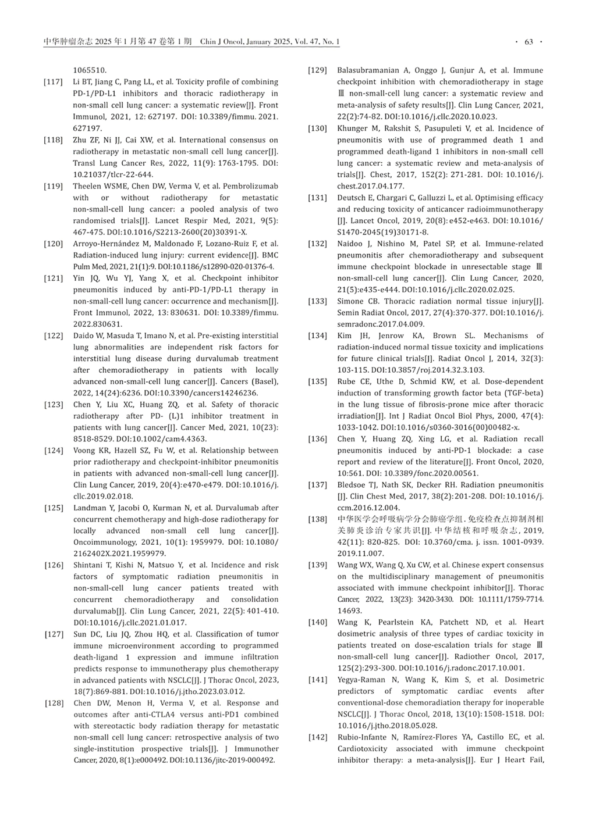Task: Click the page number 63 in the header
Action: (528, 42)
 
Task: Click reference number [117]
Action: (54, 82)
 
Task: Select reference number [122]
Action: (54, 335)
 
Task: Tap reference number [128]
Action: (54, 703)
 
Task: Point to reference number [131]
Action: (318, 198)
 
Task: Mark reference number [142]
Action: (318, 737)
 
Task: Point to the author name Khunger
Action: (353, 128)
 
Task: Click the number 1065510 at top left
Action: (90, 70)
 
